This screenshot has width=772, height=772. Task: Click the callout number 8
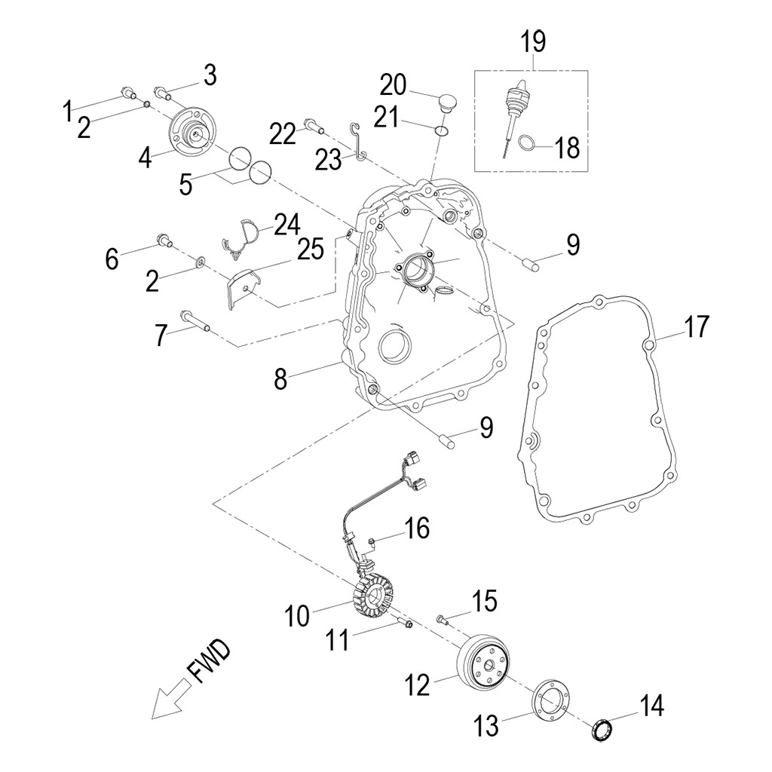coord(280,379)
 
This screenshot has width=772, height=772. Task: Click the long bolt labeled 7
coord(195,321)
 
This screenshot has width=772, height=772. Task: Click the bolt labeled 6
coord(164,242)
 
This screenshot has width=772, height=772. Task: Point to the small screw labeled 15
coord(443,620)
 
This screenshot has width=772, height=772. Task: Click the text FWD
coord(210,661)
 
